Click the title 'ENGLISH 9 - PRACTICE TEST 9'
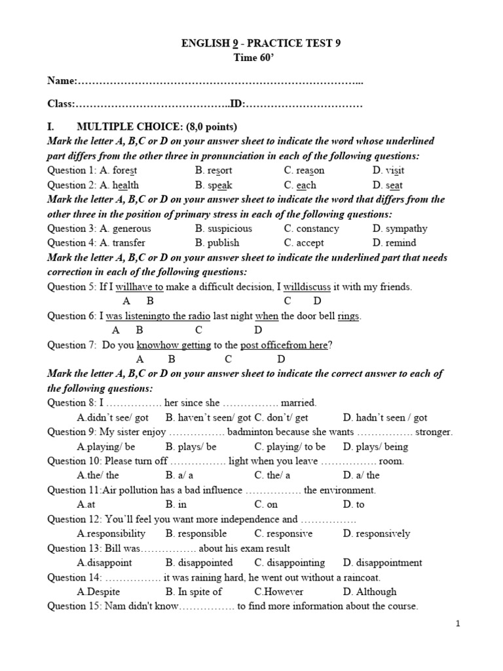260,44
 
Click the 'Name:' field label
62,81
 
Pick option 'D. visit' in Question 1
388,170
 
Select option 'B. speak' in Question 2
214,185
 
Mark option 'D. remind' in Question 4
394,242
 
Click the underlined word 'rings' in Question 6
348,316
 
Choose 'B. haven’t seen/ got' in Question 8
208,417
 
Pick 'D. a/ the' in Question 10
361,476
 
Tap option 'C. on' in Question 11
266,505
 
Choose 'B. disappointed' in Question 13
199,562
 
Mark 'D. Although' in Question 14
369,591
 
